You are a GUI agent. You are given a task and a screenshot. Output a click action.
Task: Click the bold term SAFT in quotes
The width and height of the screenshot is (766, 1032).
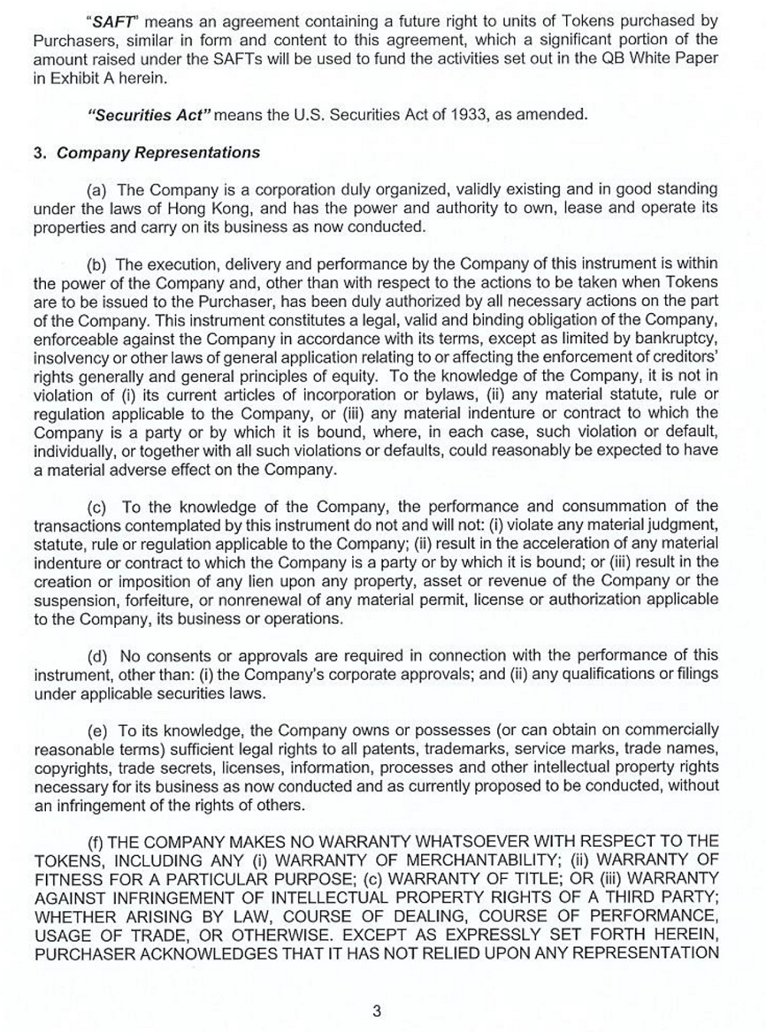point(113,21)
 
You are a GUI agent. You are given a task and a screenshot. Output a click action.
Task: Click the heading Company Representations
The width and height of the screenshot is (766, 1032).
point(159,153)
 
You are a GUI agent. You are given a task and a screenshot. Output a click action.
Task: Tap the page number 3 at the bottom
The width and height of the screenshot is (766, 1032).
point(377,1011)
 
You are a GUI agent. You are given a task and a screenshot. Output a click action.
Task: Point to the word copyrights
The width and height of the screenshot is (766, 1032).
point(70,768)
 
